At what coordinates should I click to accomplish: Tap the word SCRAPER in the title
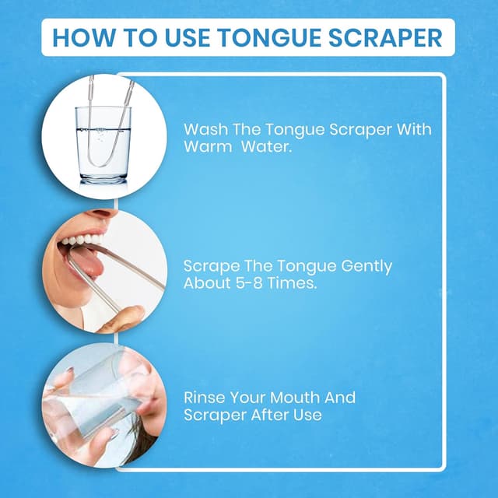click(384, 37)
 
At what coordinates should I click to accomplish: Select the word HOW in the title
click(83, 37)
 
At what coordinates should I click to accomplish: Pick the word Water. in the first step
click(267, 146)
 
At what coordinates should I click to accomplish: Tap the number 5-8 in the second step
click(247, 283)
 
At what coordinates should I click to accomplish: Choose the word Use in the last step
click(307, 415)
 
